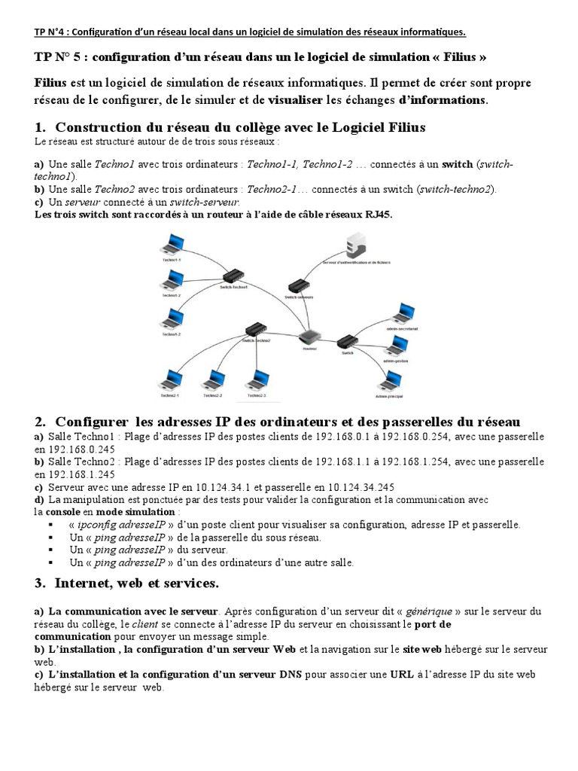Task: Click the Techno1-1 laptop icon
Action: coord(173,245)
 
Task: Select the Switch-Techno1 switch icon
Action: coord(235,276)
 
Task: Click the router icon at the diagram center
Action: coord(310,338)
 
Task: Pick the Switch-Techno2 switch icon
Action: coord(257,329)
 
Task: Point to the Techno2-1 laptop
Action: coord(170,379)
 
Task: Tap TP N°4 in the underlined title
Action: coord(51,32)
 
